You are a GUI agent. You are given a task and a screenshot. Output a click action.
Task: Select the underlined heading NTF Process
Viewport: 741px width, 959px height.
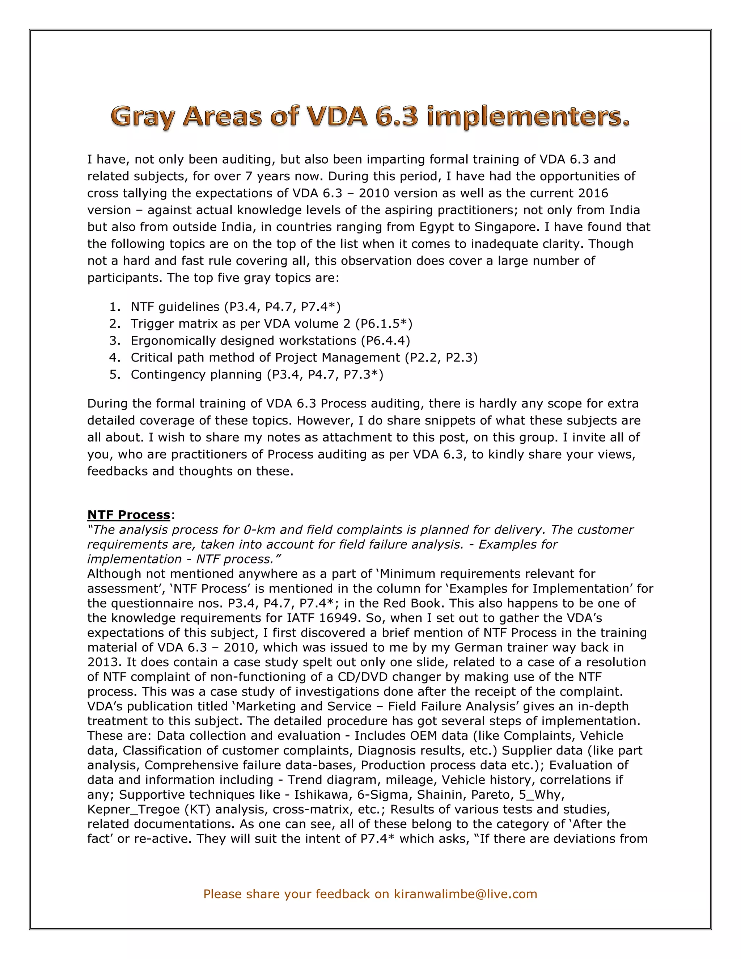[x=128, y=515]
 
